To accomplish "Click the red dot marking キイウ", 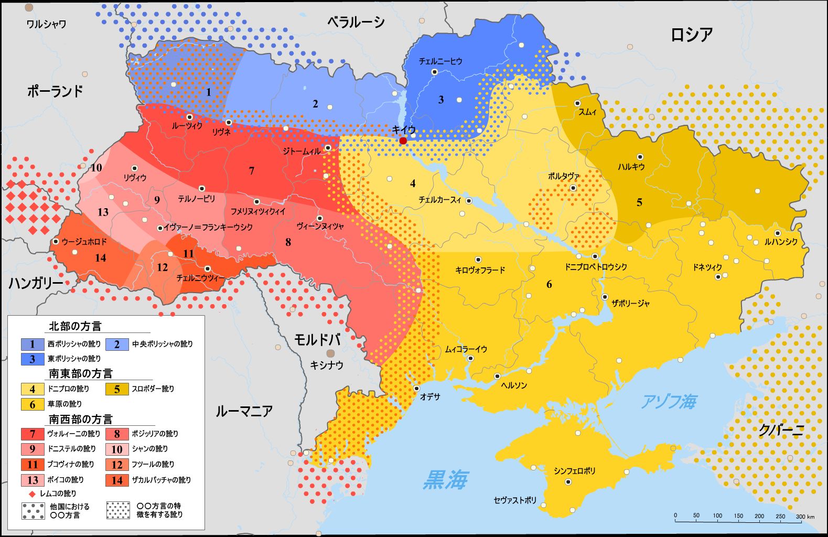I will point(403,141).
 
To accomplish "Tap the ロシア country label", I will point(691,35).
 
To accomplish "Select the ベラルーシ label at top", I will point(356,22).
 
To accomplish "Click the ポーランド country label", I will point(55,91).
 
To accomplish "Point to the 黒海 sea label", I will point(445,479).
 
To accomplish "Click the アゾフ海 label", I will point(669,402).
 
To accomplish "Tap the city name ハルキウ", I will point(631,167).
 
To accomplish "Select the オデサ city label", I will point(430,397).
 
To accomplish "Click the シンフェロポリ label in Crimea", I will point(574,471).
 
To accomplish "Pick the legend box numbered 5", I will point(117,389).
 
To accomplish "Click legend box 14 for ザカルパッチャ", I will point(117,480).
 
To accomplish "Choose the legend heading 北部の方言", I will point(75,326).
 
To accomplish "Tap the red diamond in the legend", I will point(32,494).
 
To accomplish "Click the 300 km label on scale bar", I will point(805,517).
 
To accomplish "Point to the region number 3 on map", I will point(440,100).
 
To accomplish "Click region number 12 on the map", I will point(162,267).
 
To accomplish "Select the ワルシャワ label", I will point(46,24).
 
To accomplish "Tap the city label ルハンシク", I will point(781,242).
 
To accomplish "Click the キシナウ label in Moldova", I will point(326,365).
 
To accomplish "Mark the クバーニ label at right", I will point(781,431).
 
